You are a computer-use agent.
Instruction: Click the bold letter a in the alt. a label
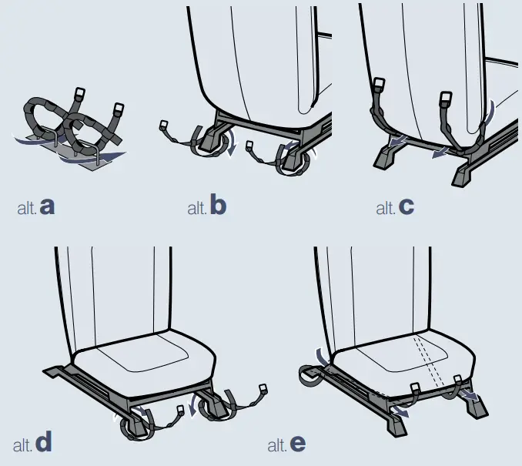point(48,206)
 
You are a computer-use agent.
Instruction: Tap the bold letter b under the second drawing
point(218,206)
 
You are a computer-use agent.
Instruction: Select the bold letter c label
point(406,206)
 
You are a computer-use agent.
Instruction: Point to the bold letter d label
point(44,443)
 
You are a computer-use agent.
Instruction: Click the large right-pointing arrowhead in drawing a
point(115,156)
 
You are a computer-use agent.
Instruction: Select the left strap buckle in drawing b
point(163,125)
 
